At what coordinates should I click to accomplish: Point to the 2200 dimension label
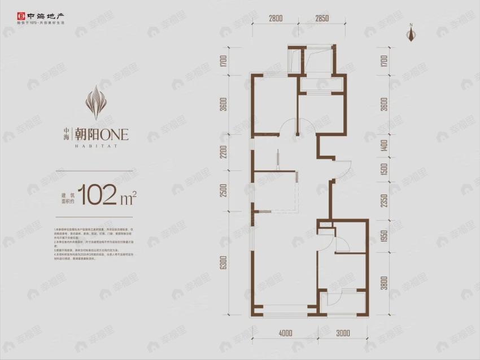(x=224, y=153)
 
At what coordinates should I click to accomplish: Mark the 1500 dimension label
(x=383, y=170)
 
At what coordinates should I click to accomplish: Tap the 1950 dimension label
(x=383, y=237)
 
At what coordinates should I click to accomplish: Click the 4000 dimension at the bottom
(x=286, y=333)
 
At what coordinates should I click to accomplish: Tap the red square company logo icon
(x=7, y=10)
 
